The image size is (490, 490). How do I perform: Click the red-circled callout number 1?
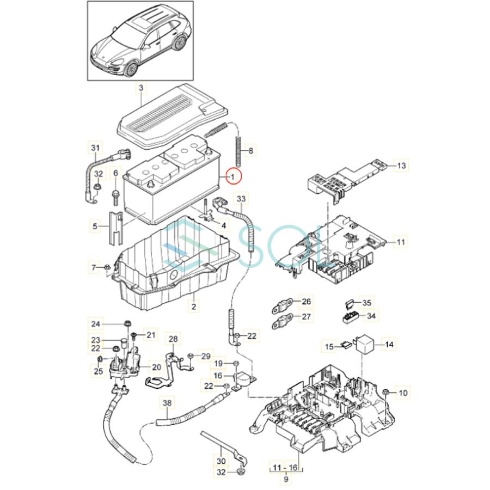[x=232, y=176]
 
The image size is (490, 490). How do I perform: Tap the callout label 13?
[x=401, y=165]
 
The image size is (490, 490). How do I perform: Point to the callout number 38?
[x=167, y=403]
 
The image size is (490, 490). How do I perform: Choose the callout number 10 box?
[x=403, y=392]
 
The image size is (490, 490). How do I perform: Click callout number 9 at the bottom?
[x=286, y=479]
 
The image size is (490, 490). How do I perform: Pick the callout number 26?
[x=306, y=302]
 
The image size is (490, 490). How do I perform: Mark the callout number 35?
[x=367, y=303]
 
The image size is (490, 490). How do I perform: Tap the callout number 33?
[x=241, y=200]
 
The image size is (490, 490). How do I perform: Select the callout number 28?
[x=173, y=339]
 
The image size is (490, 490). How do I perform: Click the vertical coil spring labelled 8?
[x=238, y=150]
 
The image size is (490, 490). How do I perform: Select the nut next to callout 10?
[x=385, y=392]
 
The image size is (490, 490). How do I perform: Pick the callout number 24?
[x=96, y=324]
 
